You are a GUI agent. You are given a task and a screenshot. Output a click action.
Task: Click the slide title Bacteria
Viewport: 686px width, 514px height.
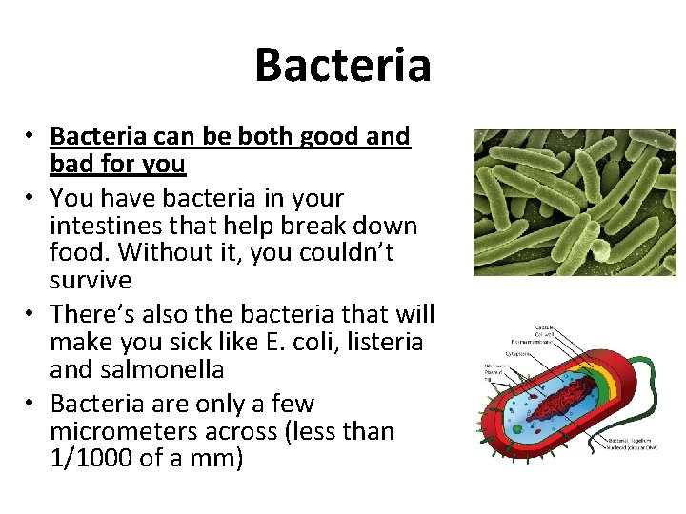(342, 66)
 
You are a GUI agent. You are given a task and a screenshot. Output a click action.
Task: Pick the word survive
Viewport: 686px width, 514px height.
(91, 281)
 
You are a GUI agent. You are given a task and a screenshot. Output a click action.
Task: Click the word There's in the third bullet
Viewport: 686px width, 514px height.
(96, 314)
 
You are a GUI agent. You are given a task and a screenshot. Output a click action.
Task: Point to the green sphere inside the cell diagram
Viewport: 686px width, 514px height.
(517, 428)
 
